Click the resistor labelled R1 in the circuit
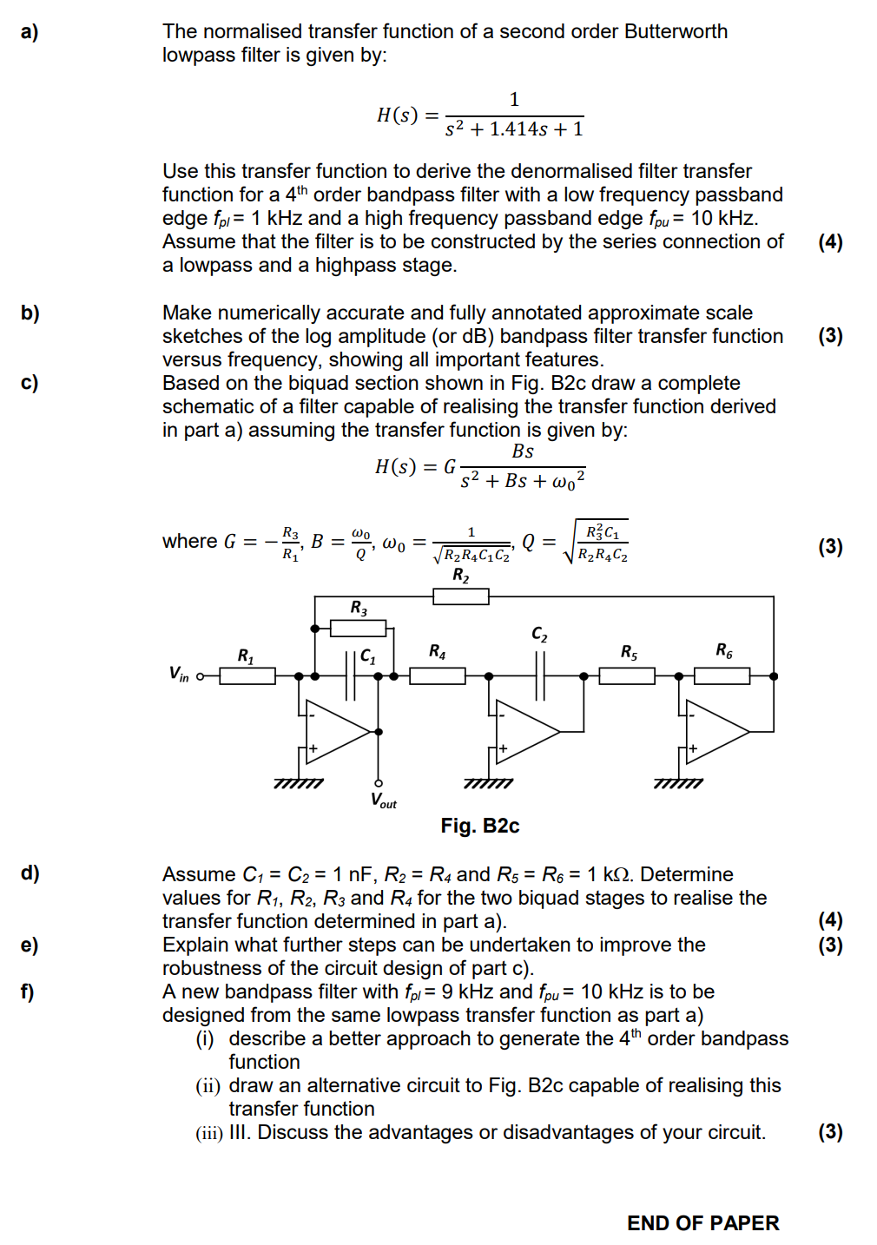point(247,675)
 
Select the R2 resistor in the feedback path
point(461,596)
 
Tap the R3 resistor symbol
point(358,628)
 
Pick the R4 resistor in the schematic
point(438,675)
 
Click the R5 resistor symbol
point(627,675)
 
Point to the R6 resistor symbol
point(722,675)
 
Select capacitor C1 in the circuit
point(351,675)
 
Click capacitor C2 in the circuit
point(540,675)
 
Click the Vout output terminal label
point(383,800)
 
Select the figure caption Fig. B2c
point(479,826)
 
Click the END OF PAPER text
point(702,1223)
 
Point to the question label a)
point(30,32)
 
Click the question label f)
point(28,991)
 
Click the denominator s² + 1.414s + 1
point(514,129)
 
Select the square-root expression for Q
point(597,542)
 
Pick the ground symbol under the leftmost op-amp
point(299,783)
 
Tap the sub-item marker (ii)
point(208,1086)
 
